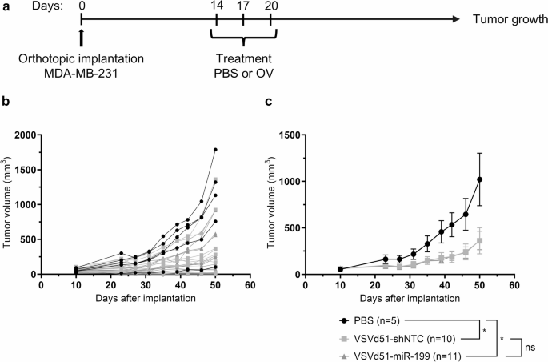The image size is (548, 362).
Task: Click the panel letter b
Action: pos(6,102)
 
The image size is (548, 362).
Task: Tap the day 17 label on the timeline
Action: pos(243,6)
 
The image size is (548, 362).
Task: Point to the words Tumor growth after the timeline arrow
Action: pos(506,19)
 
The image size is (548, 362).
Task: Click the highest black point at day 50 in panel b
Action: pos(215,150)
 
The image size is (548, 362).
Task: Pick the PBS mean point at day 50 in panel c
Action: pos(480,179)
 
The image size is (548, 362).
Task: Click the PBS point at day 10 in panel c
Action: pos(340,269)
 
